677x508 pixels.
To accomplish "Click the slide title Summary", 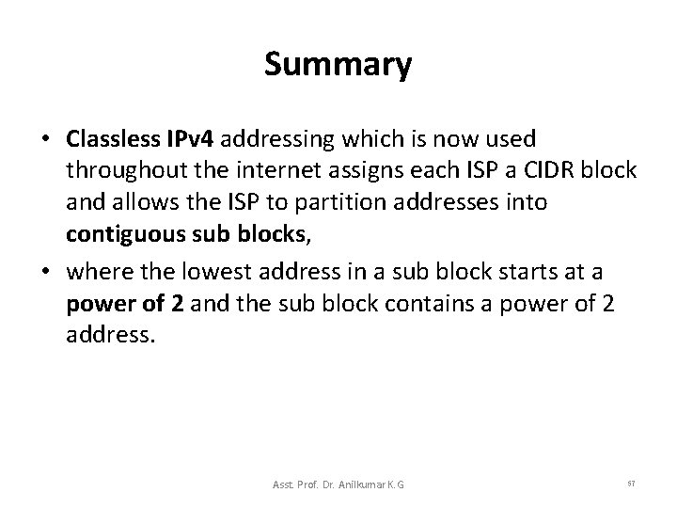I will click(x=338, y=65).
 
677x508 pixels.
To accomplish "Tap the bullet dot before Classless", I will click(x=44, y=140).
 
